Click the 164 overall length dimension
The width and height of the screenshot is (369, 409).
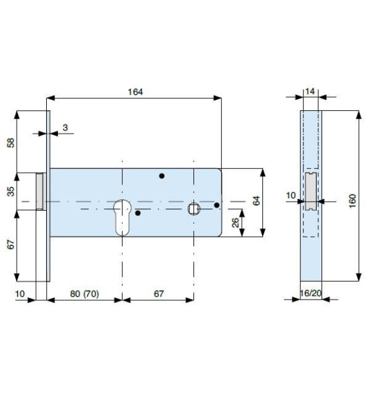point(135,92)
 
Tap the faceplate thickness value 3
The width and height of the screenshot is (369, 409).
point(64,127)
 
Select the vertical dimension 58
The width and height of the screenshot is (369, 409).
point(10,142)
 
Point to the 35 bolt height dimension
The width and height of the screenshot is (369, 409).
point(10,191)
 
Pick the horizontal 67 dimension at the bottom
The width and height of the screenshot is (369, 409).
point(158,293)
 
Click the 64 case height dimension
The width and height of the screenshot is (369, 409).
point(256,201)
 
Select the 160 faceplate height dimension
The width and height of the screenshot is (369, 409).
point(352,200)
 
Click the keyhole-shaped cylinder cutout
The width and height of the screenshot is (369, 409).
point(121,214)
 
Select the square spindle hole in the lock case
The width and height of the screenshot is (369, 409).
point(195,208)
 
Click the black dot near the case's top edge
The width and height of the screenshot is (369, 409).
point(162,176)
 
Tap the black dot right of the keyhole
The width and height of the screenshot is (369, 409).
point(138,213)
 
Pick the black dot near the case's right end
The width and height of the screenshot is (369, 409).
point(216,204)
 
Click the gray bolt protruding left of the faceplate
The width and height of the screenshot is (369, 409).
point(41,191)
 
